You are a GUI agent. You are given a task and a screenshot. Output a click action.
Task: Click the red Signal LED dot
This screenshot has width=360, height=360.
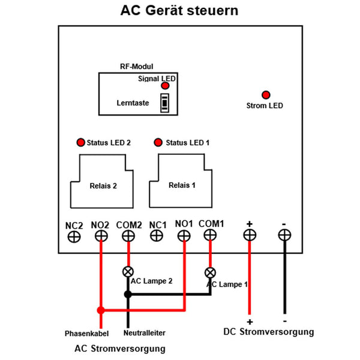tap(165, 86)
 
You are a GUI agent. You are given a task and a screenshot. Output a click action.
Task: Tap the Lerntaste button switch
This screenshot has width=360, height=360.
tap(164, 103)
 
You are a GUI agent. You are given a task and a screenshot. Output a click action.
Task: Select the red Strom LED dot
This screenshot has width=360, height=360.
tap(265, 95)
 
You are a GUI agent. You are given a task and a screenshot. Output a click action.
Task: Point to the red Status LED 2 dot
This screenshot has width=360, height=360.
tap(80, 142)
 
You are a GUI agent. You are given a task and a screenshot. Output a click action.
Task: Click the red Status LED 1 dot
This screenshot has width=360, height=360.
tap(158, 142)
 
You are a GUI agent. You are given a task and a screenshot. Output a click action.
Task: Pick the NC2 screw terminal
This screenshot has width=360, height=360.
tap(74, 236)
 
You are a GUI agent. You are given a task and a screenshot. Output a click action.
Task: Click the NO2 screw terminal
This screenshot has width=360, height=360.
tap(101, 236)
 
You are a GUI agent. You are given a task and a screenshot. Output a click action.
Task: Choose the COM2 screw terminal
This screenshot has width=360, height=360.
tap(128, 236)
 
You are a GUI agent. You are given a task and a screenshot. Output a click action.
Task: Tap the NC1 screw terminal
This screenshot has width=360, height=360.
tap(157, 236)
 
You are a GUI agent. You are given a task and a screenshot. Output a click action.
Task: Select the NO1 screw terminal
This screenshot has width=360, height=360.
tap(184, 236)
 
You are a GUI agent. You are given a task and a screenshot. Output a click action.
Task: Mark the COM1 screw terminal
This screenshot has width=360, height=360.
tap(211, 236)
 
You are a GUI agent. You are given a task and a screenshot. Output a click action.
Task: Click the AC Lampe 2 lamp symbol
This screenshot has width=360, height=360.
tap(128, 271)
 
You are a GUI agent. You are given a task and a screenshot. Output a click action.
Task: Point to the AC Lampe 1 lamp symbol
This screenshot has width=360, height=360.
tap(210, 271)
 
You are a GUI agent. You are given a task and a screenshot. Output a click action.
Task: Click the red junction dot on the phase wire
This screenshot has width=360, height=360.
tap(101, 310)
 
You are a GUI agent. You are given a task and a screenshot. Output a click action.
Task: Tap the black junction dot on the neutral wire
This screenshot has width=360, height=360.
tap(128, 294)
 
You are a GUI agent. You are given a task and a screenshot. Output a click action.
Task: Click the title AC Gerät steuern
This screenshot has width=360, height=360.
tap(179, 11)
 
